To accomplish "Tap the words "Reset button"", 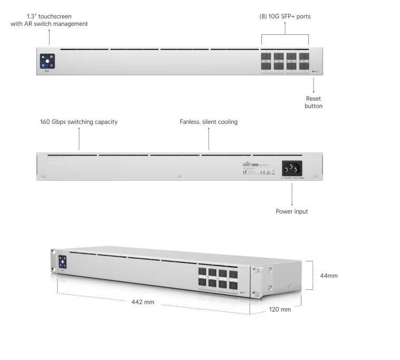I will click(313, 102).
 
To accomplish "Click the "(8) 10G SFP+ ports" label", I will click(285, 16).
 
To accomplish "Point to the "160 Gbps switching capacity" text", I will click(79, 122).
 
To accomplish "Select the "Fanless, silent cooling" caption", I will click(209, 122).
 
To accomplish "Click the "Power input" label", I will click(292, 211).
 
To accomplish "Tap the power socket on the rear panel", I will click(292, 169).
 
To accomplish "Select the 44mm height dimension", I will click(329, 275).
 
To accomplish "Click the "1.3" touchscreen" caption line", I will click(49, 16).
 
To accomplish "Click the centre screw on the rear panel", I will click(179, 176).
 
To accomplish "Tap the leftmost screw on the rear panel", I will click(44, 176).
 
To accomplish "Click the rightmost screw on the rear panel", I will click(315, 176).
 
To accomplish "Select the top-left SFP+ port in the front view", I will click(267, 56).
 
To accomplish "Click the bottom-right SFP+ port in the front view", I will click(305, 66).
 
